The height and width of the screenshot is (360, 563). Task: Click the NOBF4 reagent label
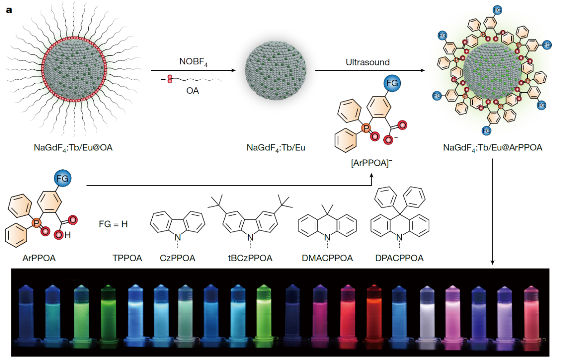pos(193,61)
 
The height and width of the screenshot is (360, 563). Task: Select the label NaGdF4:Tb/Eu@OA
pos(72,147)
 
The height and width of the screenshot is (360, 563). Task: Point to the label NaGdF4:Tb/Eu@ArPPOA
pos(492,147)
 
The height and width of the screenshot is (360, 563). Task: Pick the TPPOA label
pos(127,259)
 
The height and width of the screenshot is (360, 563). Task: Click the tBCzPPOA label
pos(250,259)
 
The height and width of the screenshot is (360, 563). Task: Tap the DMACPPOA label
pos(327,259)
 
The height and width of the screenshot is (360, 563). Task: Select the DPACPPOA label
pos(399,259)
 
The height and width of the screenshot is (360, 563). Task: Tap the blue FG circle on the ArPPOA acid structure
pos(62,179)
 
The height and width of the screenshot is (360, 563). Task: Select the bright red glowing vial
pos(375,312)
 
